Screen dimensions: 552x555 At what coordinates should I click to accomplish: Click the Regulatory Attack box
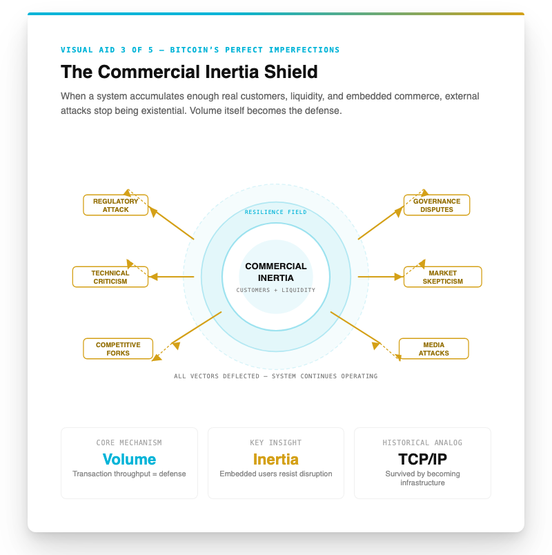[116, 205]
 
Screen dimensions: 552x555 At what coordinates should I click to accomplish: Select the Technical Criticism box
[110, 277]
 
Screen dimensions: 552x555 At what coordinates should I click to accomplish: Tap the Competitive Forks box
[118, 349]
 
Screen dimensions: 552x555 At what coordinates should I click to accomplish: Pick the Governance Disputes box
[437, 205]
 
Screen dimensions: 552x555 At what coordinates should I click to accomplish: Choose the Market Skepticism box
[443, 277]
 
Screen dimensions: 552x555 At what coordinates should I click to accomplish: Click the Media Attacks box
[434, 349]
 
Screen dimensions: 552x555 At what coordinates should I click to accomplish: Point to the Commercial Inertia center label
[276, 272]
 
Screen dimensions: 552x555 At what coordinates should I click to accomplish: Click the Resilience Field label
[275, 212]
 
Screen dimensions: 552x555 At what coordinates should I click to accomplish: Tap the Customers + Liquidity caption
[275, 290]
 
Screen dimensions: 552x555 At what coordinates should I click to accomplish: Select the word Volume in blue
[129, 459]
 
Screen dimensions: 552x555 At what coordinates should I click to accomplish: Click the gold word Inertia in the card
[275, 459]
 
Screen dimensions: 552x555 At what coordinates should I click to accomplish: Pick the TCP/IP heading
[422, 459]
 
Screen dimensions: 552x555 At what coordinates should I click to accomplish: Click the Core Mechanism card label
[129, 442]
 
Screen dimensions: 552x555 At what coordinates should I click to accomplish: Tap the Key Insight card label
[275, 442]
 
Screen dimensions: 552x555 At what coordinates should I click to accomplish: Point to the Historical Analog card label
[422, 442]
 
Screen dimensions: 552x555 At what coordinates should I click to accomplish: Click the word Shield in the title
[291, 72]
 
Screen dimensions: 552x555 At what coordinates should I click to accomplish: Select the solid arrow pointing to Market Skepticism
[381, 276]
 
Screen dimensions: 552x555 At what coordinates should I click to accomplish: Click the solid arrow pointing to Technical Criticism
[171, 276]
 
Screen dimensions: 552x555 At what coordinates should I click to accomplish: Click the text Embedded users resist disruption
[275, 474]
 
